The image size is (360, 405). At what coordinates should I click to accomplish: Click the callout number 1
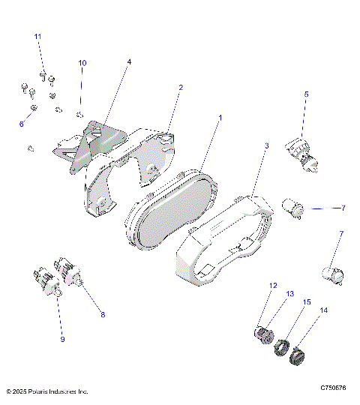(220, 118)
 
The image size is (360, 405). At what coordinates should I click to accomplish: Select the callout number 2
(181, 88)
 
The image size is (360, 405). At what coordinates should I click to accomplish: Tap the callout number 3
(265, 144)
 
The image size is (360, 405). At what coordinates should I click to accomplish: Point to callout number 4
(128, 62)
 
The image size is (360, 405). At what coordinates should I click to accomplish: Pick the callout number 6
(21, 124)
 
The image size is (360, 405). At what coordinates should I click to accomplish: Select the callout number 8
(103, 314)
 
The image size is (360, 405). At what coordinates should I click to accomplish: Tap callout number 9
(62, 339)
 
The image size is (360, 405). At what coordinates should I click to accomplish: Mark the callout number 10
(82, 62)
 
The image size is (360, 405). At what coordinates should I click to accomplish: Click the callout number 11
(38, 36)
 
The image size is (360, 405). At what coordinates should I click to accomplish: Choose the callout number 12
(274, 285)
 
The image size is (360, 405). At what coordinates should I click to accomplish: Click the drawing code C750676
(333, 388)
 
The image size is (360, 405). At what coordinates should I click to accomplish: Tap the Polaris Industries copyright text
(46, 391)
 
